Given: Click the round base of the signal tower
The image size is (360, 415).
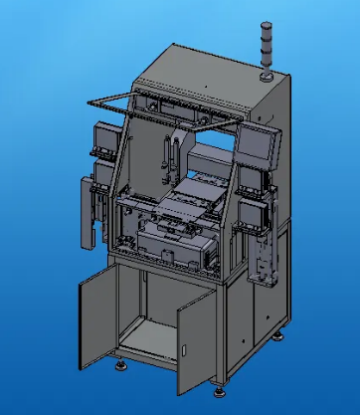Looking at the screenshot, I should click(x=266, y=73).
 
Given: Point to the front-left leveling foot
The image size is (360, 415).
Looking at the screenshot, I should click(x=121, y=365).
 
